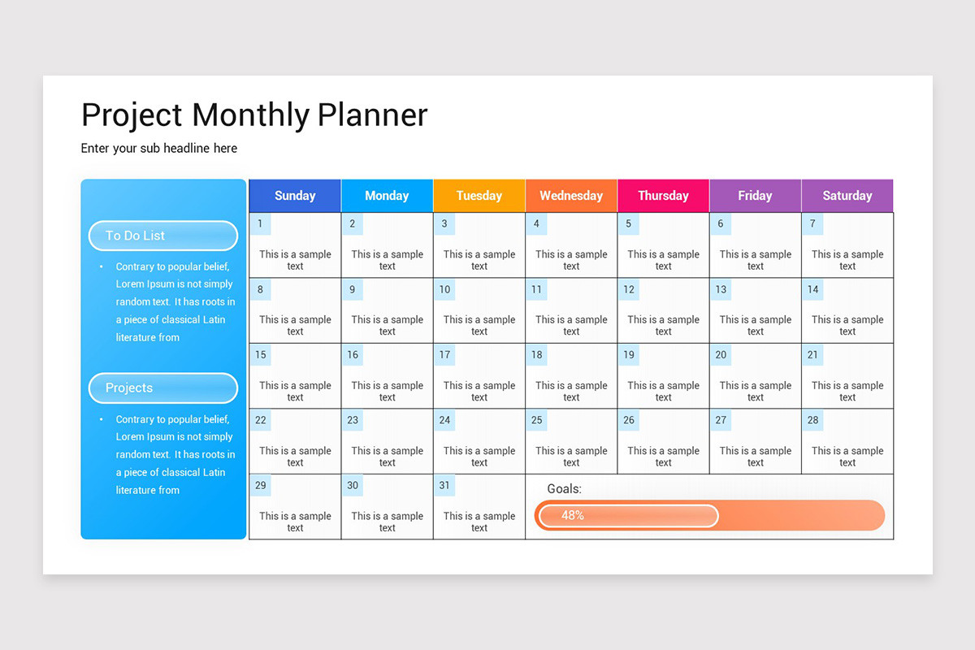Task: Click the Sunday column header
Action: pyautogui.click(x=295, y=196)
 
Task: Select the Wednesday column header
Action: pyautogui.click(x=571, y=196)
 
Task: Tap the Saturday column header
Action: pyautogui.click(x=847, y=196)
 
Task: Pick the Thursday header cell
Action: pyautogui.click(x=663, y=196)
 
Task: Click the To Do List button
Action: pyautogui.click(x=162, y=236)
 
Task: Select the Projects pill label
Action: pyautogui.click(x=162, y=388)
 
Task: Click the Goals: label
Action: pyautogui.click(x=565, y=489)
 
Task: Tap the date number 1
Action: pyautogui.click(x=260, y=224)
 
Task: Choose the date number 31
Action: pyautogui.click(x=444, y=486)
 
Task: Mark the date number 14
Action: pyautogui.click(x=812, y=289)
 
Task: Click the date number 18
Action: pyautogui.click(x=536, y=355)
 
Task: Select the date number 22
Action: pyautogui.click(x=260, y=420)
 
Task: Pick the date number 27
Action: pyautogui.click(x=721, y=420)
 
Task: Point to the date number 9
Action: pyautogui.click(x=352, y=289)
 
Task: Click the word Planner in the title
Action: pyautogui.click(x=372, y=115)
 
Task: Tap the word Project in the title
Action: pyautogui.click(x=132, y=115)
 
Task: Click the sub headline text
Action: pyautogui.click(x=159, y=149)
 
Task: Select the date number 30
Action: pyautogui.click(x=353, y=486)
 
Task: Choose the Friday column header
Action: pyautogui.click(x=755, y=196)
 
